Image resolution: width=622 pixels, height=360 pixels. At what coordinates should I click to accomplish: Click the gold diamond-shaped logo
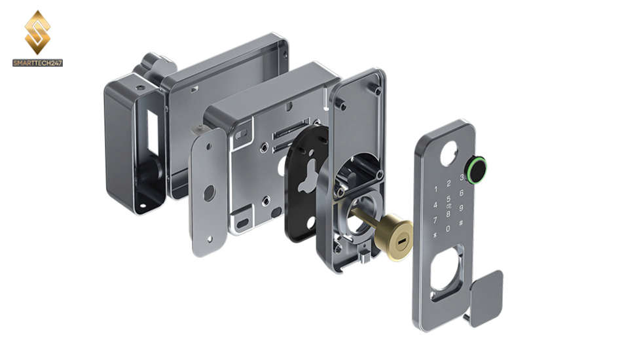pyautogui.click(x=38, y=33)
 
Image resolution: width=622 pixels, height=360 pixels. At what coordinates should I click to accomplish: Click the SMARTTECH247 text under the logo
pyautogui.click(x=38, y=63)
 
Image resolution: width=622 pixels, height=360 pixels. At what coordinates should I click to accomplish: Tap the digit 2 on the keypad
pyautogui.click(x=448, y=183)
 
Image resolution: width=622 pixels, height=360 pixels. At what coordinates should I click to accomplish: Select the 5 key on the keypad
pyautogui.click(x=448, y=198)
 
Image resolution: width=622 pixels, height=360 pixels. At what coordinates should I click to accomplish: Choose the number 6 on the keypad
pyautogui.click(x=462, y=192)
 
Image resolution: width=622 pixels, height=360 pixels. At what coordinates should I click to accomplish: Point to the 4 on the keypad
pyautogui.click(x=435, y=205)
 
